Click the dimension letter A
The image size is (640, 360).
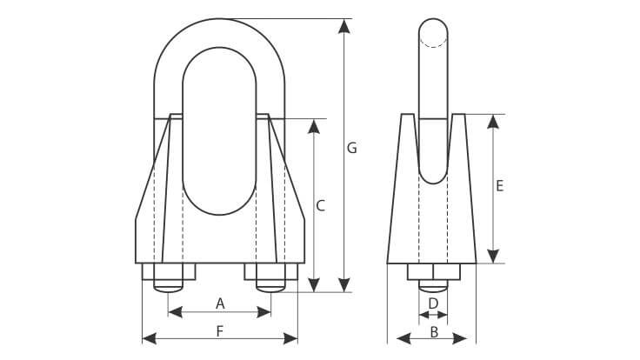pos(220,303)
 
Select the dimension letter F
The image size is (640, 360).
pos(220,331)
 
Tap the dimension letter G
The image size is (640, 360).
pos(352,148)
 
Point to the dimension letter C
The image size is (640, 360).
pos(321,206)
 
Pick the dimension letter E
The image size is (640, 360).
pos(500,186)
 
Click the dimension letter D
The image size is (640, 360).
pos(433,303)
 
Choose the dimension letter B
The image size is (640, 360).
pos(434,332)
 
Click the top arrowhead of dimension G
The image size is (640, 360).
pos(344,26)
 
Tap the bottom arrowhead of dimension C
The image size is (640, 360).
pos(313,285)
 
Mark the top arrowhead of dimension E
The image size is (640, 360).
pos(493,122)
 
